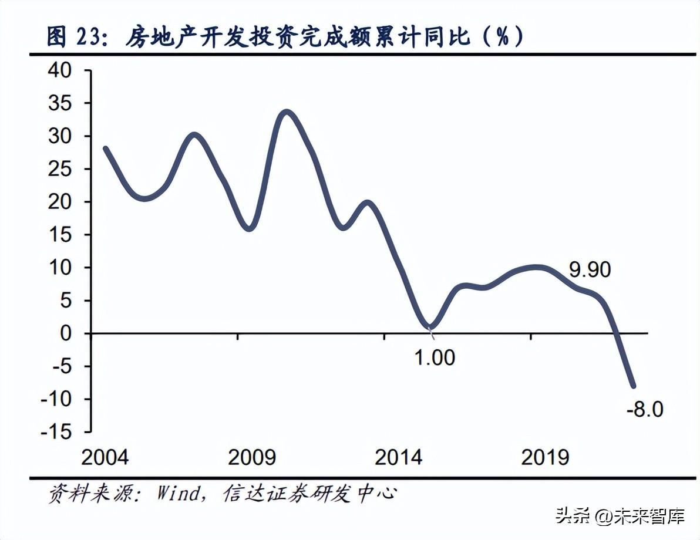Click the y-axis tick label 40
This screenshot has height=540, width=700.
[x=73, y=71]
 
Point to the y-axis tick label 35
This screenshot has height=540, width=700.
[x=73, y=104]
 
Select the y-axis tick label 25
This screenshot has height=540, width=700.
[x=73, y=170]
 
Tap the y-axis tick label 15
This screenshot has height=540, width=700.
[x=73, y=235]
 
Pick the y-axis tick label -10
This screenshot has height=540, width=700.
[x=65, y=399]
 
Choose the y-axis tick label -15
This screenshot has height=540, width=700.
[x=65, y=432]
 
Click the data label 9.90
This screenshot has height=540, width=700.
[x=590, y=270]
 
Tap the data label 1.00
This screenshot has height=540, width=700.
[x=435, y=357]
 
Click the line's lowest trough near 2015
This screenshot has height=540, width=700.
[x=430, y=327]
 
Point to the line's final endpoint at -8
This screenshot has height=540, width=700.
[x=633, y=386]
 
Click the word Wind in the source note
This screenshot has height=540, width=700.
[x=178, y=493]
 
